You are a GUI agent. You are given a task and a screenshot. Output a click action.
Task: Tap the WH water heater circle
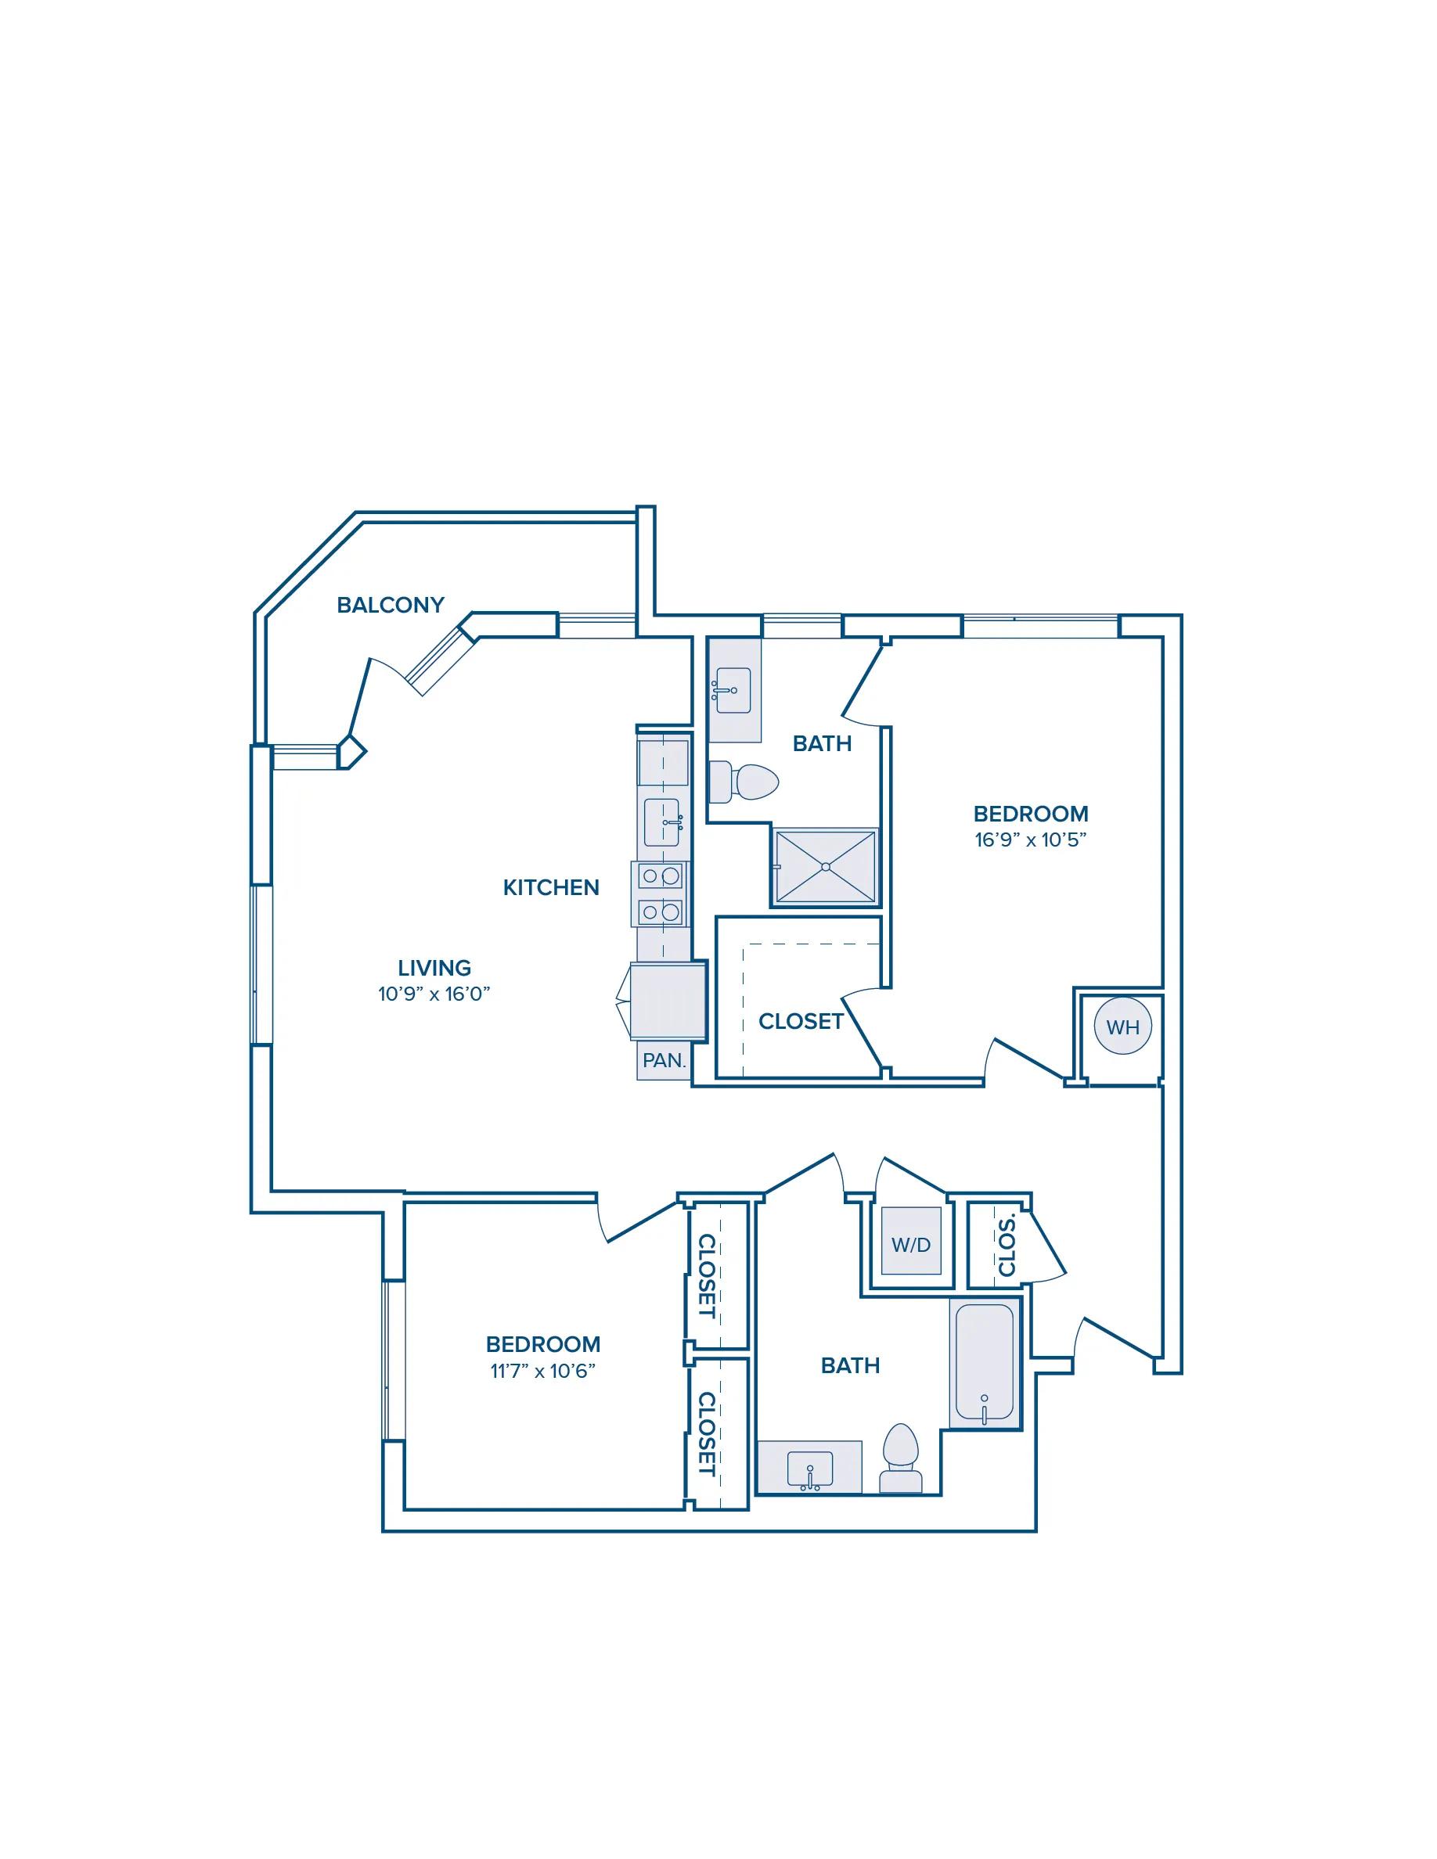1123,1027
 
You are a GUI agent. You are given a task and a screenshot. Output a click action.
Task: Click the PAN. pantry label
664,1061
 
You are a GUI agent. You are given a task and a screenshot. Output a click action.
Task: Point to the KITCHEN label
551,888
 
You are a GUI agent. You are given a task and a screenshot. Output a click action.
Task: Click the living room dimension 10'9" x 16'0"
434,994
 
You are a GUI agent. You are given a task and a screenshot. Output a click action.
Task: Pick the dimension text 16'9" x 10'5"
1031,840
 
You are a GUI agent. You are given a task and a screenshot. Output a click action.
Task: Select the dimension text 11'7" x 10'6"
543,1372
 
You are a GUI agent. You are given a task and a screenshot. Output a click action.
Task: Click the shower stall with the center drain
825,866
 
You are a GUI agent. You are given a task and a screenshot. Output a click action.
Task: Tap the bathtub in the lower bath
985,1363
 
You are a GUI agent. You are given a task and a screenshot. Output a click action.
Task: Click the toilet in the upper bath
744,782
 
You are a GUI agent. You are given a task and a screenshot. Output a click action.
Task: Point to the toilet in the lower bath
901,1459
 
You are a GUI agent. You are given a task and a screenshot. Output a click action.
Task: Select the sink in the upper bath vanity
733,689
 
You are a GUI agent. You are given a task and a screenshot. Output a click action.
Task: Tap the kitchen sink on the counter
661,822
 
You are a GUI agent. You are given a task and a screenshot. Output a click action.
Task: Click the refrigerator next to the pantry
668,1001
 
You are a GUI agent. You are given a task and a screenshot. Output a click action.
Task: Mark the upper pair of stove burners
661,875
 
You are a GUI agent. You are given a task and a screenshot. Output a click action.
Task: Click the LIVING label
434,968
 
